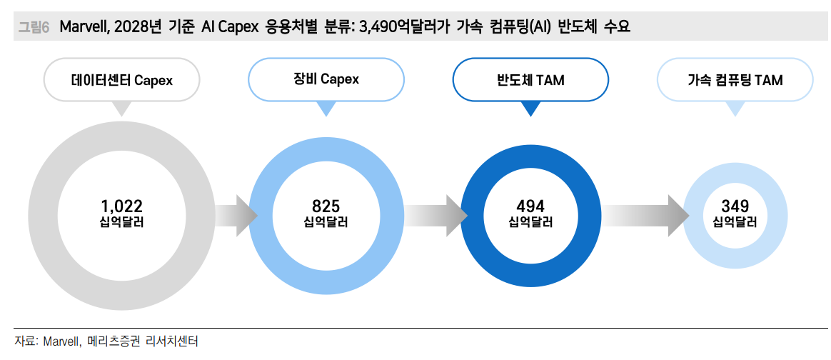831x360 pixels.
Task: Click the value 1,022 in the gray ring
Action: (x=121, y=206)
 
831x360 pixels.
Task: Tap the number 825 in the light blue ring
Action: (x=326, y=206)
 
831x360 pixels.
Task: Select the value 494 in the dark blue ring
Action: (x=530, y=206)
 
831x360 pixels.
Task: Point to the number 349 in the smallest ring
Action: (x=735, y=206)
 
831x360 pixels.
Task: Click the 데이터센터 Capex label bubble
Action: (x=122, y=80)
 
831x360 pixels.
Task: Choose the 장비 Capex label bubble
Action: (x=326, y=79)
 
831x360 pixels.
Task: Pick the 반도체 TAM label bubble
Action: (x=530, y=80)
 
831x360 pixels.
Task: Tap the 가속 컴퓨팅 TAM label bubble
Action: (x=735, y=80)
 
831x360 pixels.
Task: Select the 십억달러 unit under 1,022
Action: (x=121, y=222)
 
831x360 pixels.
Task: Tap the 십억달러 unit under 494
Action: (x=530, y=222)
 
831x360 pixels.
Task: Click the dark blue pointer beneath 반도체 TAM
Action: (x=530, y=109)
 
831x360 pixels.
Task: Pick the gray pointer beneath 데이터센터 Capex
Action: (x=122, y=109)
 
